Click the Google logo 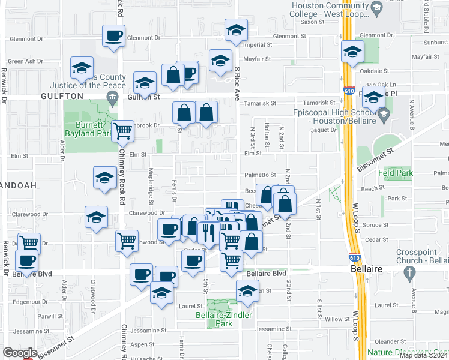click(20, 353)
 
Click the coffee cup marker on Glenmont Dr click(113, 36)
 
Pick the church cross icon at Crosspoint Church click(410, 274)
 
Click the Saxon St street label click(312, 22)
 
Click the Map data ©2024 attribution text click(423, 355)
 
